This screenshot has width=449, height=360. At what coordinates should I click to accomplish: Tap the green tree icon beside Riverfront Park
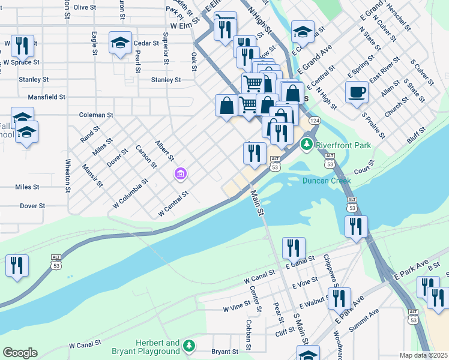(x=307, y=144)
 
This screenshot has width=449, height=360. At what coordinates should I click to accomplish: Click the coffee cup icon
(x=357, y=92)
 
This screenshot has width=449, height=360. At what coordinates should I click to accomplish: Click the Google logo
(x=20, y=352)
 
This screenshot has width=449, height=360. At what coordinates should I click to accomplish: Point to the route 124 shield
(x=314, y=121)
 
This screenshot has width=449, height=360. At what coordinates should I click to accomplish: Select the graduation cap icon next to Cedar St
(x=120, y=43)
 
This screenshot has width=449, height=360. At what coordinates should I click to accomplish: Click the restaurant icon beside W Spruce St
(x=22, y=45)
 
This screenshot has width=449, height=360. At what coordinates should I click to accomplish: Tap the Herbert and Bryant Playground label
(x=145, y=346)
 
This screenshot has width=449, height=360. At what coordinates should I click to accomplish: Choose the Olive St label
(x=85, y=7)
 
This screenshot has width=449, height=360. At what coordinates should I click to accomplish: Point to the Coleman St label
(x=96, y=115)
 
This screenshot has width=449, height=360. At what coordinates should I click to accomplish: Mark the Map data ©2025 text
(x=423, y=355)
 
